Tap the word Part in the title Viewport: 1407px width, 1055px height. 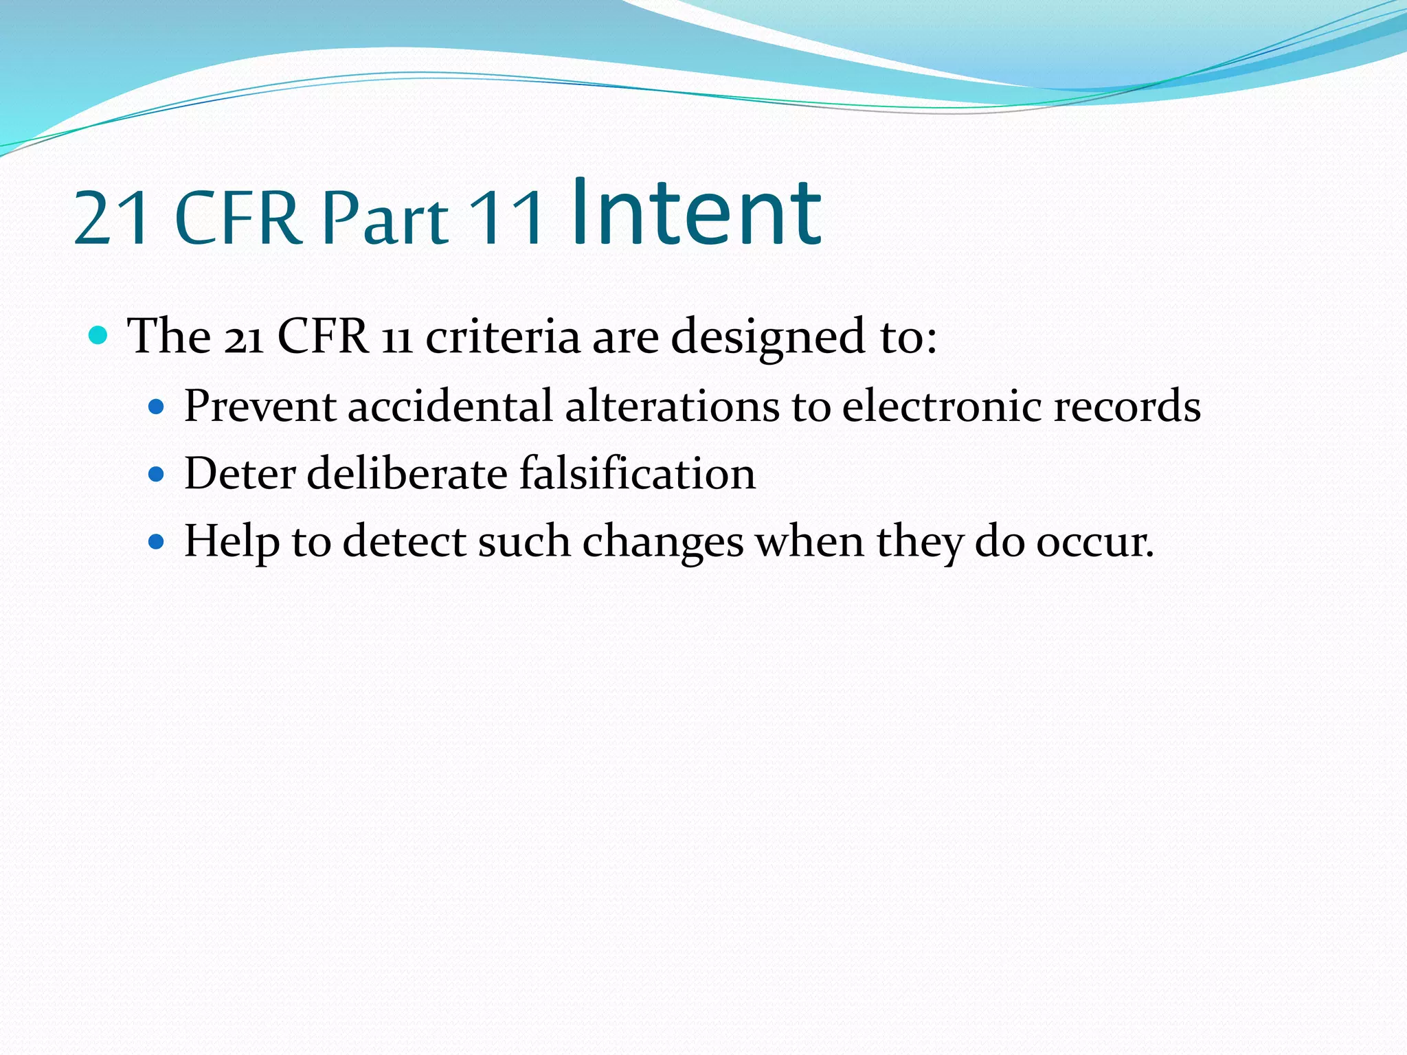[x=385, y=218]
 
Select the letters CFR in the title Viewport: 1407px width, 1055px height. [x=238, y=218]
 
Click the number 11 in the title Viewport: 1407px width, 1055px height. [x=508, y=218]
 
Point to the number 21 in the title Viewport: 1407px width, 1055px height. [x=113, y=218]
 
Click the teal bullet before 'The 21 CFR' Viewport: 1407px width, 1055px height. [x=99, y=336]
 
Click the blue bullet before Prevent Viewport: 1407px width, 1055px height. [x=157, y=407]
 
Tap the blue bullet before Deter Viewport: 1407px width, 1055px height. [x=157, y=474]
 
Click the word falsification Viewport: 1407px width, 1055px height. [x=637, y=473]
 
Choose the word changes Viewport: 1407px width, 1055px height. [x=662, y=543]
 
